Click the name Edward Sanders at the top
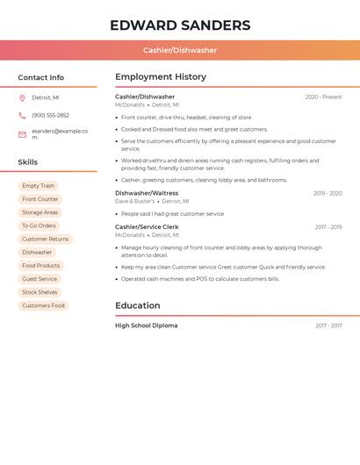tap(180, 25)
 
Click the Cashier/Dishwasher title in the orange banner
tap(180, 50)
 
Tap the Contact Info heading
tap(41, 77)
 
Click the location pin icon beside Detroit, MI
tap(22, 97)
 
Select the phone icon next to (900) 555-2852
tap(22, 115)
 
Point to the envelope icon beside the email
tap(22, 134)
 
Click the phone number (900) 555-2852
tap(50, 115)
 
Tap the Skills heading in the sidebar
tap(28, 162)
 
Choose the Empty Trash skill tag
tap(39, 186)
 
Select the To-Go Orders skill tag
tap(39, 225)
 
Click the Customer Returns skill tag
tap(46, 239)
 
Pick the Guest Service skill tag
tap(40, 279)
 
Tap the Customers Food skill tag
tap(44, 305)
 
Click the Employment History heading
tap(161, 77)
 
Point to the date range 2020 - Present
tap(323, 97)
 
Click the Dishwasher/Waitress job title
tap(147, 193)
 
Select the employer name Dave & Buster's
tap(134, 202)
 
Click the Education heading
tap(138, 305)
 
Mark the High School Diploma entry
tap(147, 325)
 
